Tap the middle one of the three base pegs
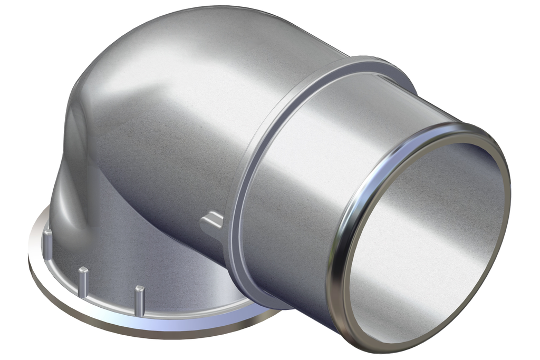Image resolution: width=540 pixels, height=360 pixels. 83,281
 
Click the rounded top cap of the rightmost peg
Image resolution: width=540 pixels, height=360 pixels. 139,289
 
